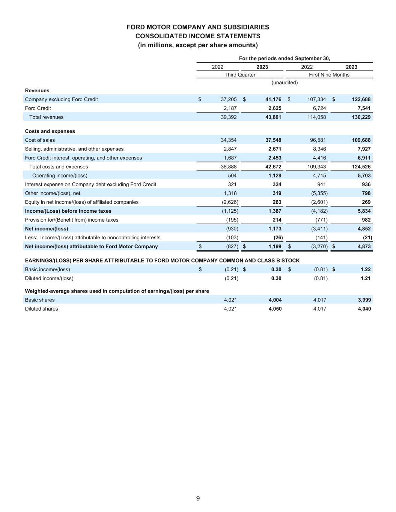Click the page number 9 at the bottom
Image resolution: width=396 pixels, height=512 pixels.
tap(198, 498)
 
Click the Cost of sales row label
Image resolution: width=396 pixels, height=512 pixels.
tap(40, 140)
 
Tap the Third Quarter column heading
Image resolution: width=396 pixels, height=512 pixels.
tap(240, 75)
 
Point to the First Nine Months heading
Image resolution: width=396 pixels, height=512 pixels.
tap(329, 75)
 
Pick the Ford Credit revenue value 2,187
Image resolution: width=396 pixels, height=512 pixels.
tap(229, 108)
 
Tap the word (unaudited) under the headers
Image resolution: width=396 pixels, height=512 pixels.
tap(285, 83)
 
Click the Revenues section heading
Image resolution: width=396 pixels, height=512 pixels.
tap(37, 90)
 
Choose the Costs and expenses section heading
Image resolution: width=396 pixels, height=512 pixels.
tap(50, 131)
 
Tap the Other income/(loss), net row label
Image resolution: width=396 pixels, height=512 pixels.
tap(53, 193)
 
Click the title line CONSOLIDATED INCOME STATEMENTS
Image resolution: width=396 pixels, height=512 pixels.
tap(198, 36)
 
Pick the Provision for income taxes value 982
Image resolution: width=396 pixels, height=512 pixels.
tap(366, 220)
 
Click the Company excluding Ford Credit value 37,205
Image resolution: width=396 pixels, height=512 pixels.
tap(228, 99)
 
